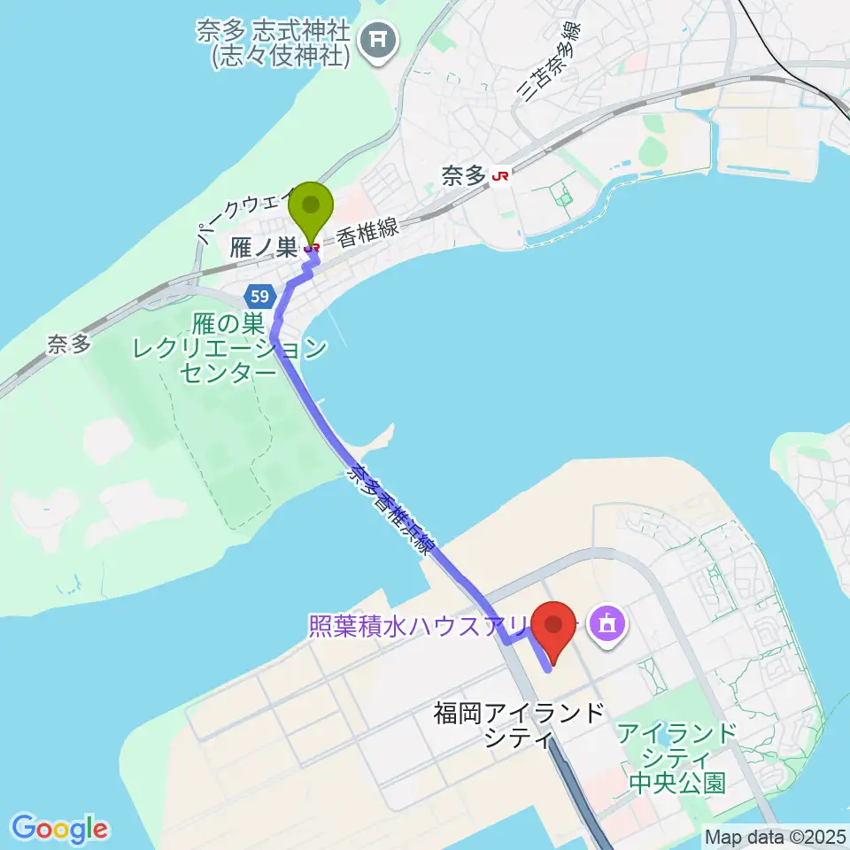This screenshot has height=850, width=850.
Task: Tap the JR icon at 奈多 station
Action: click(501, 177)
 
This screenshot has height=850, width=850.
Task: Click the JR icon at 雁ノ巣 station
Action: click(312, 249)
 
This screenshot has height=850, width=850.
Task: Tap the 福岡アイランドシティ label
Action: click(520, 723)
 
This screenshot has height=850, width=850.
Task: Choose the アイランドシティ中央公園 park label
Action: click(678, 758)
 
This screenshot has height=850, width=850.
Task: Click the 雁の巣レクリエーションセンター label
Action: click(228, 350)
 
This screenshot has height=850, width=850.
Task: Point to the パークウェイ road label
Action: click(235, 212)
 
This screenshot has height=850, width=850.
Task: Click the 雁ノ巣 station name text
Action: click(263, 249)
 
